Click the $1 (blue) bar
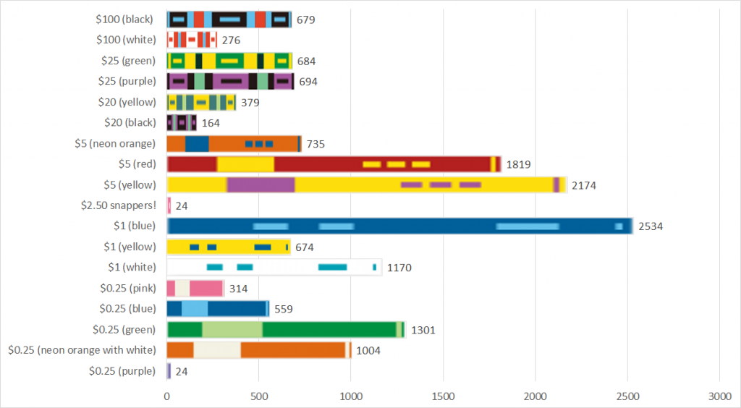pyautogui.click(x=399, y=226)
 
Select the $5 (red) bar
pyautogui.click(x=334, y=164)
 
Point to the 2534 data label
pyautogui.click(x=650, y=226)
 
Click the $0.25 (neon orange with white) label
pyautogui.click(x=82, y=350)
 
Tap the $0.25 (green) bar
pyautogui.click(x=286, y=330)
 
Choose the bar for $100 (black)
pyautogui.click(x=229, y=20)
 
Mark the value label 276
pyautogui.click(x=231, y=41)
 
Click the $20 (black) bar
pyautogui.click(x=182, y=122)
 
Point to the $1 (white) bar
pyautogui.click(x=274, y=268)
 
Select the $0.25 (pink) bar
pyautogui.click(x=195, y=288)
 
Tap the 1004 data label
pyautogui.click(x=368, y=351)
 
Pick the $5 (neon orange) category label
pyautogui.click(x=115, y=143)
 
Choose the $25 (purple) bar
pyautogui.click(x=230, y=81)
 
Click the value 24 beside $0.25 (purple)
pyautogui.click(x=182, y=371)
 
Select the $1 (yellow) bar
pyautogui.click(x=228, y=247)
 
